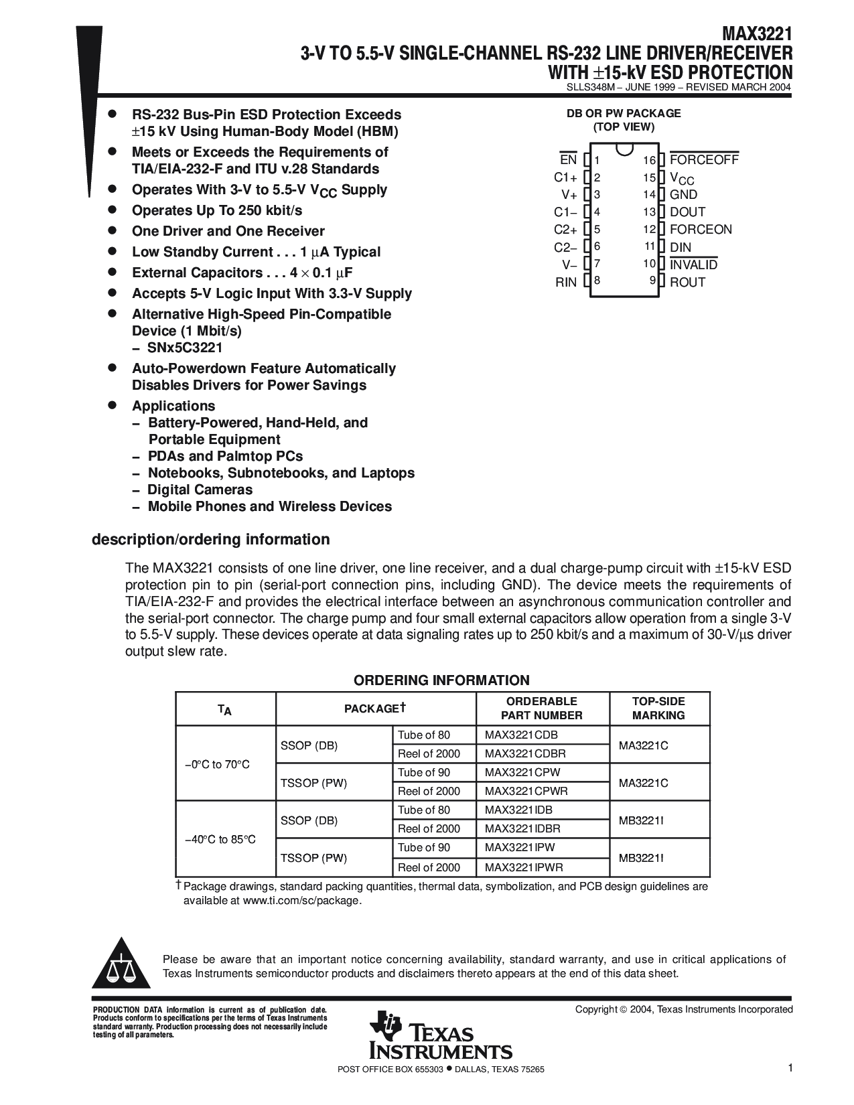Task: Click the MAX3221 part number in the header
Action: click(757, 34)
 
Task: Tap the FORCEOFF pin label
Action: click(704, 160)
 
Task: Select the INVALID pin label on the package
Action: click(694, 265)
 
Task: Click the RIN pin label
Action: click(566, 283)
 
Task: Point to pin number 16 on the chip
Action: click(649, 160)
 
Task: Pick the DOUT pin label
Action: click(688, 212)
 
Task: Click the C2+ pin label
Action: click(565, 230)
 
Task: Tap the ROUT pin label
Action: click(688, 283)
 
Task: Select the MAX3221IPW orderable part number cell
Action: click(520, 847)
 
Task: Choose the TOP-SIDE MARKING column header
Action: click(658, 709)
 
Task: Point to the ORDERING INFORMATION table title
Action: click(441, 680)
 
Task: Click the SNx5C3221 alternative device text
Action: click(185, 348)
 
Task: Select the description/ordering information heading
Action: click(210, 540)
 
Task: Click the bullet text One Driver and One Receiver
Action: click(228, 232)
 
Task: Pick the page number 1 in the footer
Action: click(790, 1068)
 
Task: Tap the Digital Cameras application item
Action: click(200, 490)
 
